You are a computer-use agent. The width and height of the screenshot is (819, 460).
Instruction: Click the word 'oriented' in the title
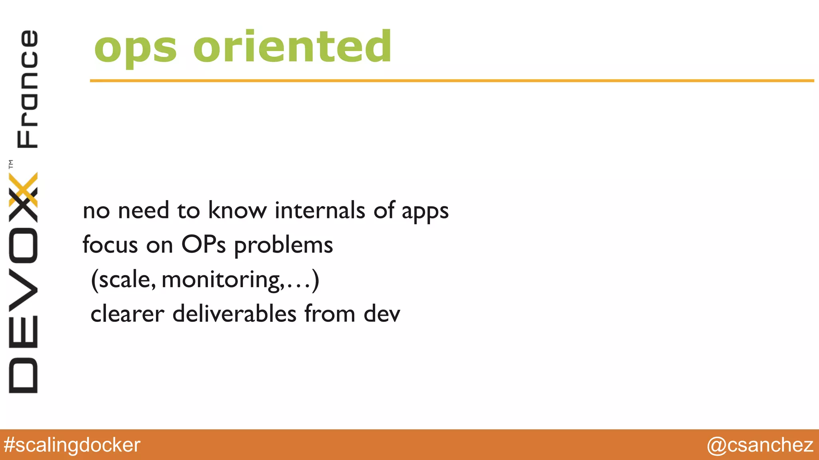(292, 47)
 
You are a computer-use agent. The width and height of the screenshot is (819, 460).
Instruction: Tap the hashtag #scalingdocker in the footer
(72, 445)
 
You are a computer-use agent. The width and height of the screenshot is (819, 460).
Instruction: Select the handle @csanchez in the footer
(760, 445)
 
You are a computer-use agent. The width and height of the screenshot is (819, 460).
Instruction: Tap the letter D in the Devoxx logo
(23, 376)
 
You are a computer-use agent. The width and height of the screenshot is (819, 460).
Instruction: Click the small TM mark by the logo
(11, 164)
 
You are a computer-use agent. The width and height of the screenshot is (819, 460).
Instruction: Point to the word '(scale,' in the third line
(123, 280)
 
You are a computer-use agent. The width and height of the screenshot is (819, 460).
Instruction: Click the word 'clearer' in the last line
(127, 314)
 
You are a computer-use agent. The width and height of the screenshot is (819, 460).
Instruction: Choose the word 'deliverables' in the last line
(234, 314)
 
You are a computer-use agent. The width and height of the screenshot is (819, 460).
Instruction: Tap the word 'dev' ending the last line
(382, 314)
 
